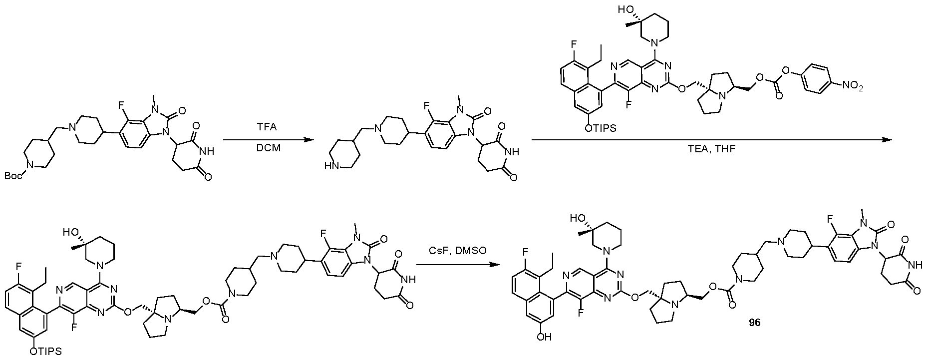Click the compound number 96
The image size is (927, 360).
tap(754, 323)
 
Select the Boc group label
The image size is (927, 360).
tap(15, 175)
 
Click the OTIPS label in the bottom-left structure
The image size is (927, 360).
tap(45, 352)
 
